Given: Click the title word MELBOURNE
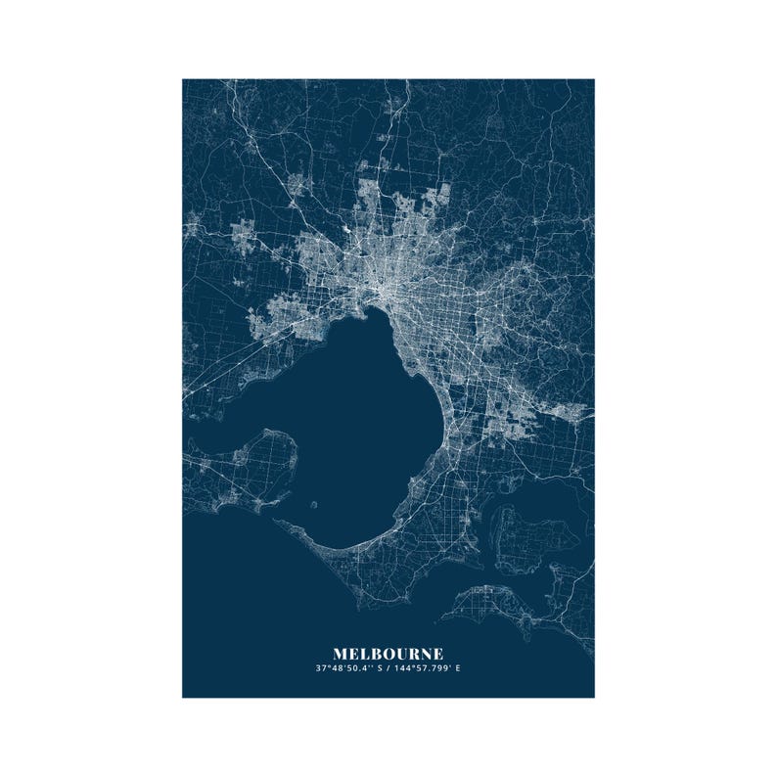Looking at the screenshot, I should point(388,653).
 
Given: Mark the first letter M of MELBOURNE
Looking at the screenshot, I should point(340,653).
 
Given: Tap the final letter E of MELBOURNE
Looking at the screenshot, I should point(437,653).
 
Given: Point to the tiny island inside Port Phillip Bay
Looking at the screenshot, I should point(313,506).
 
